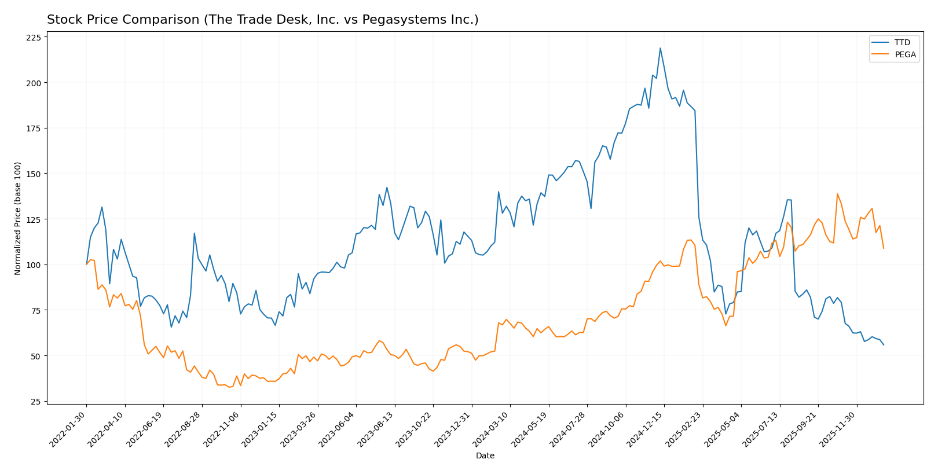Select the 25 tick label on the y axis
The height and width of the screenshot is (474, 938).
[x=36, y=402]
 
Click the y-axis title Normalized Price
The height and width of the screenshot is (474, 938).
[x=18, y=218]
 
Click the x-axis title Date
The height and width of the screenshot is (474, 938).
[x=485, y=456]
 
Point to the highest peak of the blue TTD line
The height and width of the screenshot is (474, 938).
[x=660, y=49]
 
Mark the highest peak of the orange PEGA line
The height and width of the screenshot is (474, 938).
[x=837, y=194]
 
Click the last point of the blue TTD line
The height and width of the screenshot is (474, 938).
[x=884, y=345]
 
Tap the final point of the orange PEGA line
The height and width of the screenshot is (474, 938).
[x=884, y=248]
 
